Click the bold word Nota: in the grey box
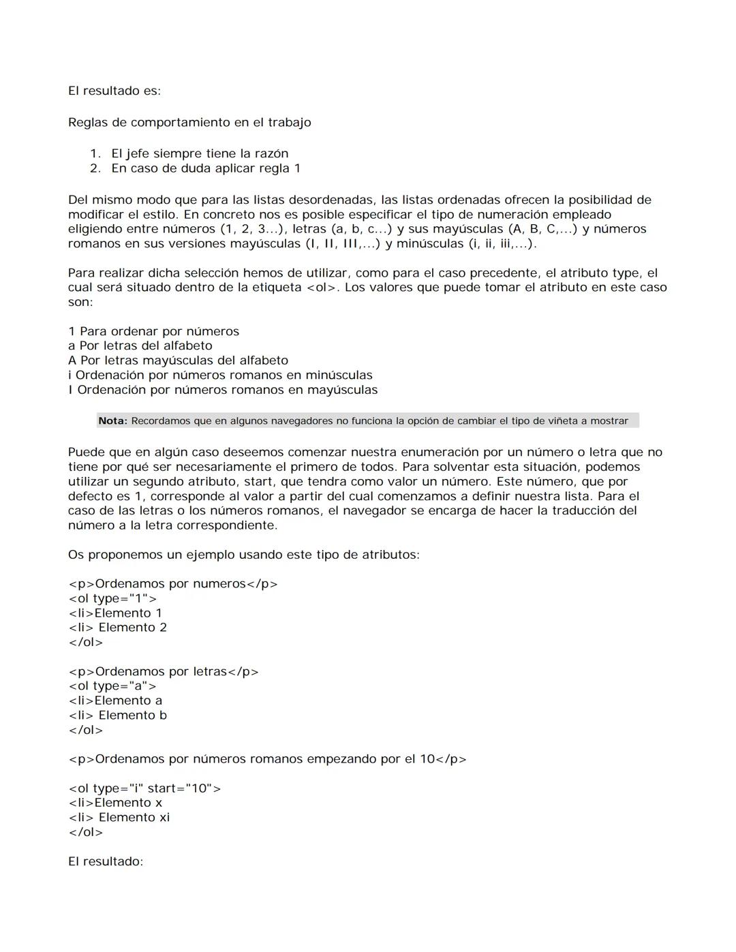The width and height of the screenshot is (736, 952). pos(112,421)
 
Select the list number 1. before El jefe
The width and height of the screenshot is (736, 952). pos(95,154)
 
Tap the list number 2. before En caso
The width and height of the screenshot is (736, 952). pos(95,168)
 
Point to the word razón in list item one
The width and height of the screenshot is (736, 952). pos(271,154)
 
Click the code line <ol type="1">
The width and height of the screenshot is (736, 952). pos(112,598)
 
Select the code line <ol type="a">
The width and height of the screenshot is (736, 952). pos(112,686)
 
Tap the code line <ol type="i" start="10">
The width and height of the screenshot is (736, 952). pos(144,788)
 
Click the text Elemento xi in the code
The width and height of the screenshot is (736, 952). pos(134,818)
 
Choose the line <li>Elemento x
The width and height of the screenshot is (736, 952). pos(115,803)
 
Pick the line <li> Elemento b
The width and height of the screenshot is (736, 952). pos(117,716)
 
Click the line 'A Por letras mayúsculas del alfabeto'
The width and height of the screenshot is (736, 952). pos(178,360)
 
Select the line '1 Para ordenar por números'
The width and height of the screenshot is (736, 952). pos(153,332)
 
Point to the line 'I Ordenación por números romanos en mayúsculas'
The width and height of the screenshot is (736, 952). pos(223,390)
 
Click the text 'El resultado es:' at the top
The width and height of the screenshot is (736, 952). pos(114,91)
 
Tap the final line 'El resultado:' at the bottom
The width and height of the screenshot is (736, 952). pos(106,861)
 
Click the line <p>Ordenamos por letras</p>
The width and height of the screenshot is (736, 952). pos(164,672)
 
